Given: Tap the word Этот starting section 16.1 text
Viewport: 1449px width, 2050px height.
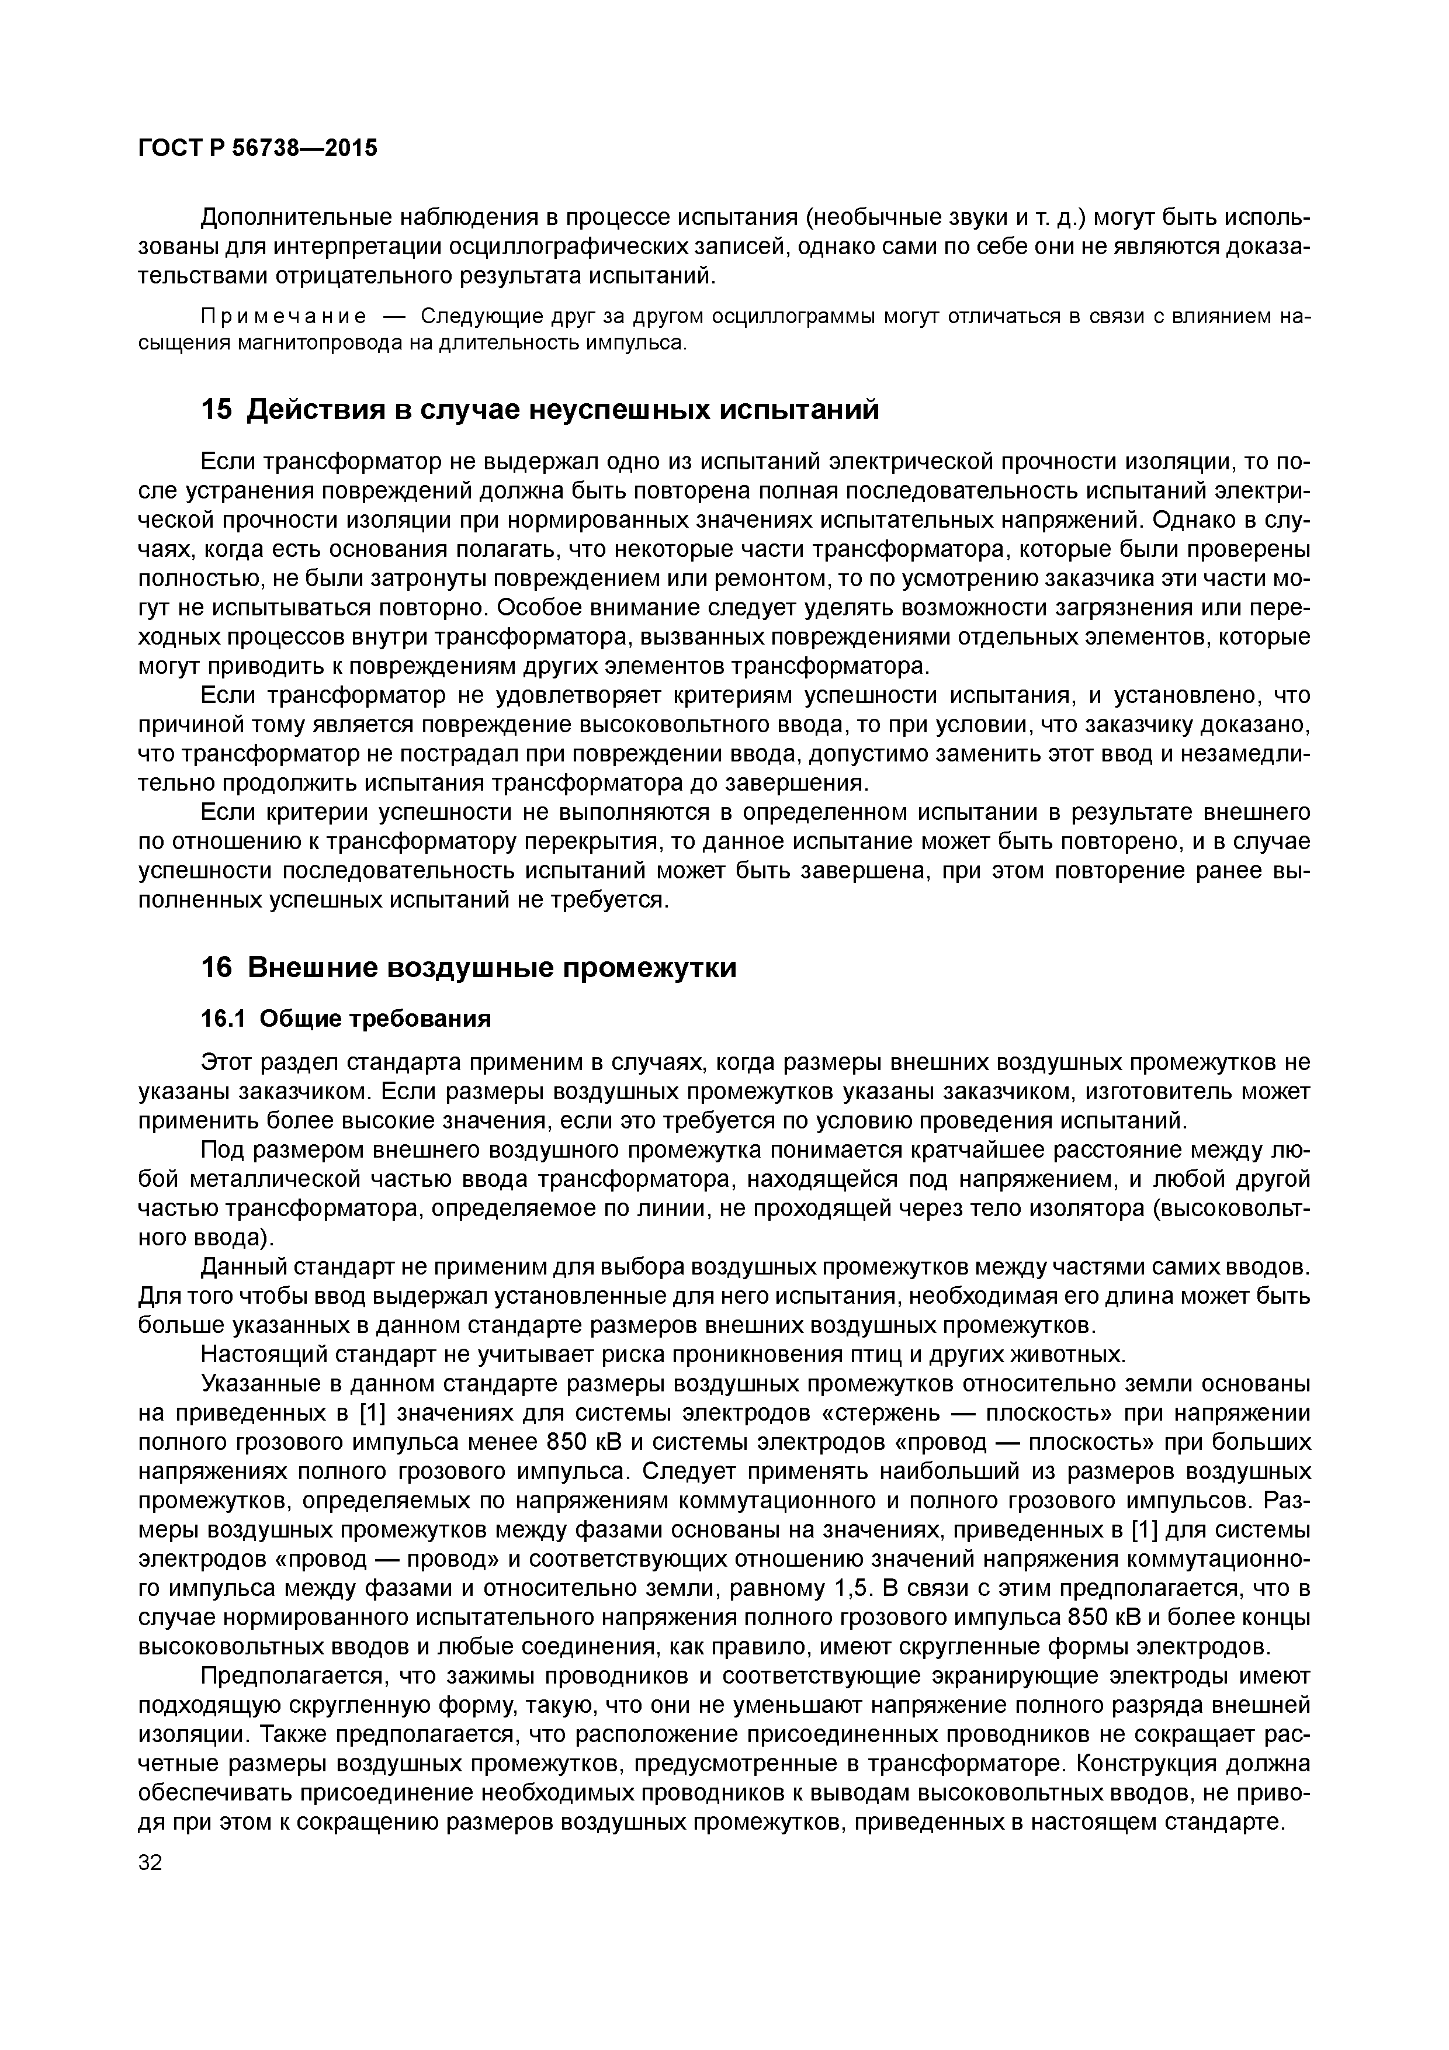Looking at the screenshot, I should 227,1062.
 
